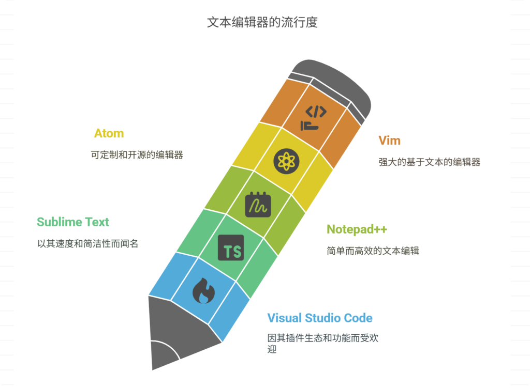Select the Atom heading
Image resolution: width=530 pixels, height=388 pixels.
click(x=109, y=133)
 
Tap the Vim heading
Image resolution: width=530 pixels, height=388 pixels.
click(x=389, y=140)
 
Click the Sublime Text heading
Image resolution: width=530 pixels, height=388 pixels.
click(x=73, y=222)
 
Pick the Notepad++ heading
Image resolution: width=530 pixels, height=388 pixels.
click(x=357, y=229)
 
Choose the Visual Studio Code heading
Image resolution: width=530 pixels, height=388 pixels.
click(x=320, y=318)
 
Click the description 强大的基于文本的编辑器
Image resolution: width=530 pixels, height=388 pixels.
click(x=430, y=162)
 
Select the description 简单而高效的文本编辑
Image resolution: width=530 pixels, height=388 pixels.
click(x=373, y=251)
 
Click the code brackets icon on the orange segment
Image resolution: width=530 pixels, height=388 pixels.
click(x=315, y=118)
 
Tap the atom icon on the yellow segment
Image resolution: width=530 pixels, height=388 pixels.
click(x=286, y=161)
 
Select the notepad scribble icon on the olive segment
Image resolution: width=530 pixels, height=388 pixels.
click(x=258, y=205)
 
